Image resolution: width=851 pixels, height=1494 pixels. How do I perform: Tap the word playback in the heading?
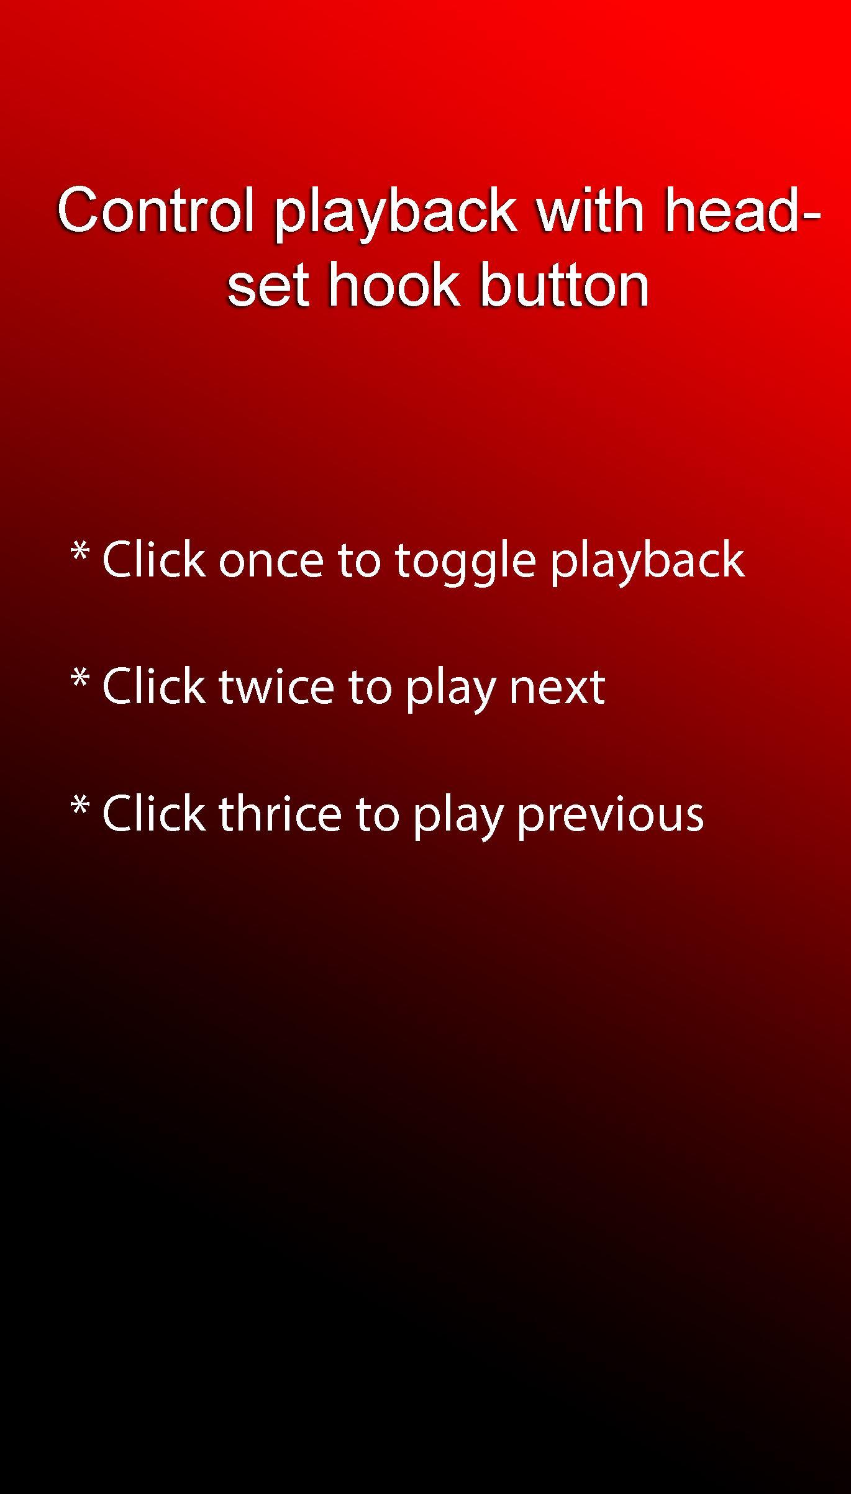point(396,216)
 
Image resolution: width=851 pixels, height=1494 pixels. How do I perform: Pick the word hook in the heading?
point(394,284)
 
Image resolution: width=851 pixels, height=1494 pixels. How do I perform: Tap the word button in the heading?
point(565,284)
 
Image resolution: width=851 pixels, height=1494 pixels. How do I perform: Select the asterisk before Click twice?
point(80,678)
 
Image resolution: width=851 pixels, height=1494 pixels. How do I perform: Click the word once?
point(271,562)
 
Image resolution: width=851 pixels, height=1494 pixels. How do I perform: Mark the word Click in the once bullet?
point(153,560)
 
